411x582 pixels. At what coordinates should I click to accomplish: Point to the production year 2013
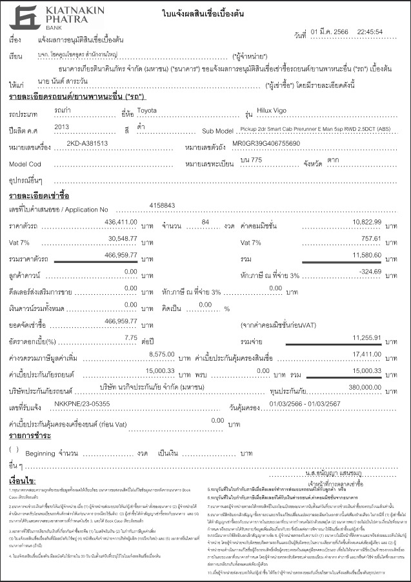(62, 126)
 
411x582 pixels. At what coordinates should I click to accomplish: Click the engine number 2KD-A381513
(87, 143)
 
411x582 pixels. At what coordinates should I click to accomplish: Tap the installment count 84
(206, 221)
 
